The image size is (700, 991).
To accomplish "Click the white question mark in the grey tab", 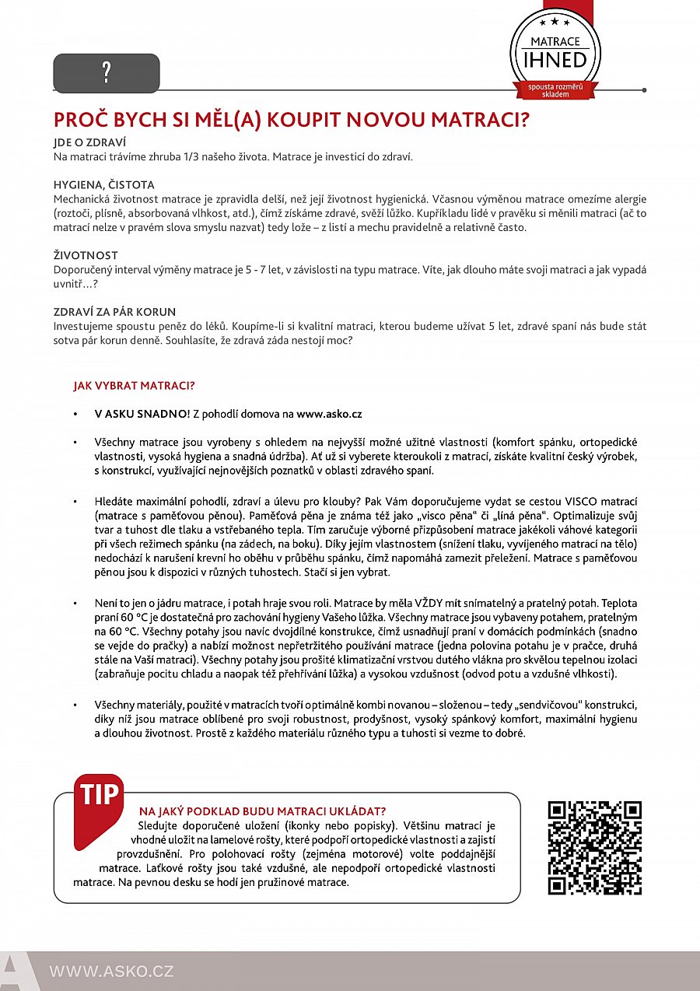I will tap(107, 73).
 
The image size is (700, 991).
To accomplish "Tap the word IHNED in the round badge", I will tap(555, 60).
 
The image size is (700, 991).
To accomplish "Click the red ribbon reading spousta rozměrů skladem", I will tap(555, 89).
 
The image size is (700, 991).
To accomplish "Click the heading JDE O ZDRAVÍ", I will tap(89, 143).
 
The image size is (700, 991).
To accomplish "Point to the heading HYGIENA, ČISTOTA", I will tap(103, 185).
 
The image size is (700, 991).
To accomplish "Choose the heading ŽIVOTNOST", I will tap(86, 255).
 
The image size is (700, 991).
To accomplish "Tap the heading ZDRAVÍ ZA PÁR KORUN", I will tap(114, 311).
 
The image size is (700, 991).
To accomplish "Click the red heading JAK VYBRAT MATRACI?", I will tap(134, 385).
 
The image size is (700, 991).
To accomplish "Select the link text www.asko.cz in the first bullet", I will tap(329, 415).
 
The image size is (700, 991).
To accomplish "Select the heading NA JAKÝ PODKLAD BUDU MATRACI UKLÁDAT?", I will tap(262, 811).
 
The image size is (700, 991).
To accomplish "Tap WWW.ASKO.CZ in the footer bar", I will tap(111, 971).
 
